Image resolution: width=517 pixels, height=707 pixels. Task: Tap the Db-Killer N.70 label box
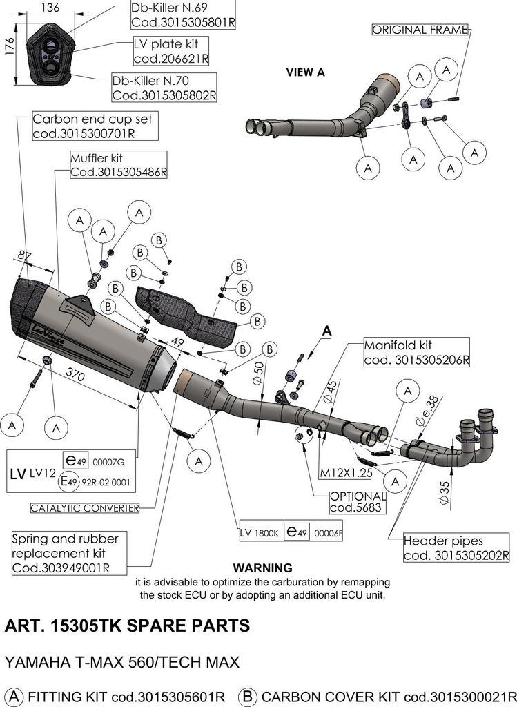[x=164, y=87]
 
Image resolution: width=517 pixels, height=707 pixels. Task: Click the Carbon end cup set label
[x=92, y=126]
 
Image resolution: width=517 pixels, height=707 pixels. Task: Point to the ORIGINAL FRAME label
[x=420, y=30]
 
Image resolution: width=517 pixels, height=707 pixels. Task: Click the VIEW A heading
[x=305, y=71]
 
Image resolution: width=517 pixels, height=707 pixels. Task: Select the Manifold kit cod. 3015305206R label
[x=416, y=351]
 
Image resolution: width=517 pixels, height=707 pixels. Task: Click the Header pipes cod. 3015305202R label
[x=456, y=548]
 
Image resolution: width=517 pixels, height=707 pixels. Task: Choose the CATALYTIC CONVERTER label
[x=85, y=508]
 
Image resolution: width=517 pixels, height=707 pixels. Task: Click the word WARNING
[x=263, y=568]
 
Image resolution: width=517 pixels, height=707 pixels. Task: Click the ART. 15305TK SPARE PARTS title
[x=127, y=627]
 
